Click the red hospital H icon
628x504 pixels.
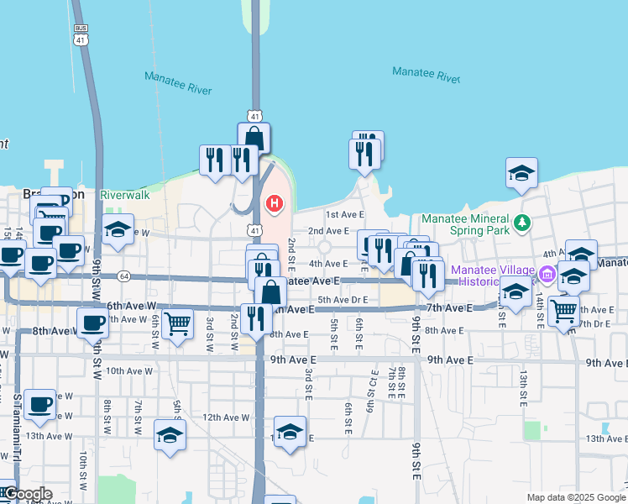point(275,204)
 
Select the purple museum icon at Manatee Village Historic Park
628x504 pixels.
point(547,274)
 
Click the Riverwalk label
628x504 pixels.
point(124,195)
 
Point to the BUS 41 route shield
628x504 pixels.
point(80,34)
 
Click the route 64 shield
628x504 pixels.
point(124,276)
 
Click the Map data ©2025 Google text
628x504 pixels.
point(575,497)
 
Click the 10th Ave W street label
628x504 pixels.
point(128,370)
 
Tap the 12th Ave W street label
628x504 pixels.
point(226,417)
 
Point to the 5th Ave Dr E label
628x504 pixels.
point(343,300)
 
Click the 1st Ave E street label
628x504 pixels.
point(345,214)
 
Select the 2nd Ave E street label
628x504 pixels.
point(328,231)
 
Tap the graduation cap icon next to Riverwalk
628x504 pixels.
point(118,229)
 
